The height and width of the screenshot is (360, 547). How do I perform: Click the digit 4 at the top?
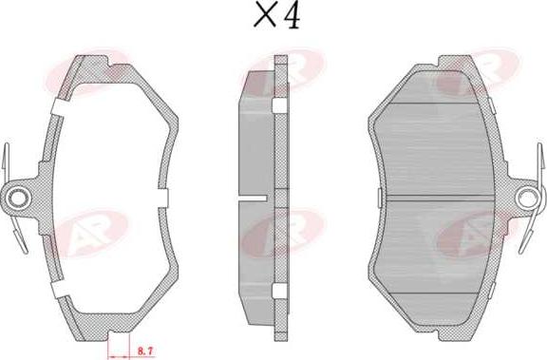pyautogui.click(x=292, y=16)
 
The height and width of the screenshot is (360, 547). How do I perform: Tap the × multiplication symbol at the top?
pyautogui.click(x=265, y=14)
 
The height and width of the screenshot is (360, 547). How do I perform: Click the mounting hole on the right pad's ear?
pyautogui.click(x=528, y=199)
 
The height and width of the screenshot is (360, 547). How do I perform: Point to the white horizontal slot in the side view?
pyautogui.click(x=253, y=198)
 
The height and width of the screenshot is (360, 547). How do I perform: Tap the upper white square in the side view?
pyautogui.click(x=278, y=105)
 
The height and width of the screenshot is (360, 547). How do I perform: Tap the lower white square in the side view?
pyautogui.click(x=279, y=292)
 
